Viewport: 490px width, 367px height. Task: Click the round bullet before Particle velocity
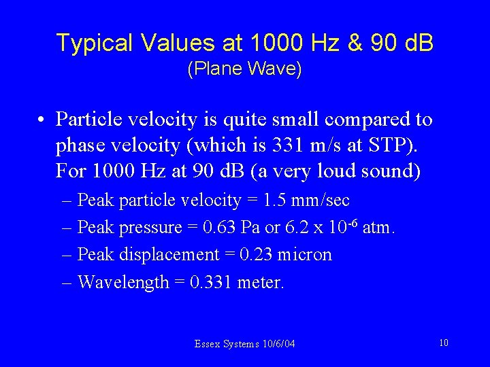[x=42, y=121]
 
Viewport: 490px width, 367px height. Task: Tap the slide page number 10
[x=443, y=343]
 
